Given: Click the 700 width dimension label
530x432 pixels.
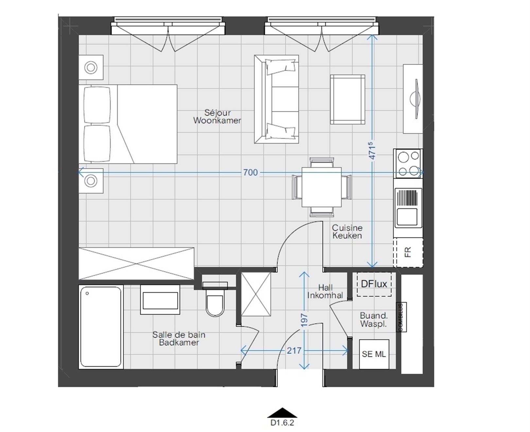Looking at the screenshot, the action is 250,172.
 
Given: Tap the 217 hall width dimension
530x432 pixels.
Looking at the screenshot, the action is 294,351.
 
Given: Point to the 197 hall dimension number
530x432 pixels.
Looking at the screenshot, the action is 304,320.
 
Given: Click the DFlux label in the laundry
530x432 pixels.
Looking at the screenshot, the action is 374,284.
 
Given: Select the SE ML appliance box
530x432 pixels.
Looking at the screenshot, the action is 374,354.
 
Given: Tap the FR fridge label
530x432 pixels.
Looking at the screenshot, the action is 408,252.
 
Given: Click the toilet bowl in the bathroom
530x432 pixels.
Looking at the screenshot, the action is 215,306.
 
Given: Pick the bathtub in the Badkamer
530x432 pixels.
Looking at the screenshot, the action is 101,327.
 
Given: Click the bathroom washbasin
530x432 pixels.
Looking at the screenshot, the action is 160,300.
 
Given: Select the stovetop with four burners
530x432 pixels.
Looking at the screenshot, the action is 408,163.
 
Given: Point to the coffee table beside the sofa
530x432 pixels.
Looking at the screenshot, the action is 348,100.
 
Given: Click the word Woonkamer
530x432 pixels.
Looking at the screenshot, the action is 217,121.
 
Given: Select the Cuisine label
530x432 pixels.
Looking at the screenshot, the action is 347,228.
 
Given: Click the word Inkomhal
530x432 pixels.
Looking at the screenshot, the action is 325,295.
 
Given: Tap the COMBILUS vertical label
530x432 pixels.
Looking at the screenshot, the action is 401,317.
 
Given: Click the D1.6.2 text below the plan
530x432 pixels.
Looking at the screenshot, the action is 282,423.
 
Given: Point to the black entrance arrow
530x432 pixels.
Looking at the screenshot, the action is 282,413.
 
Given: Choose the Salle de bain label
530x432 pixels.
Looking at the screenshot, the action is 179,335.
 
